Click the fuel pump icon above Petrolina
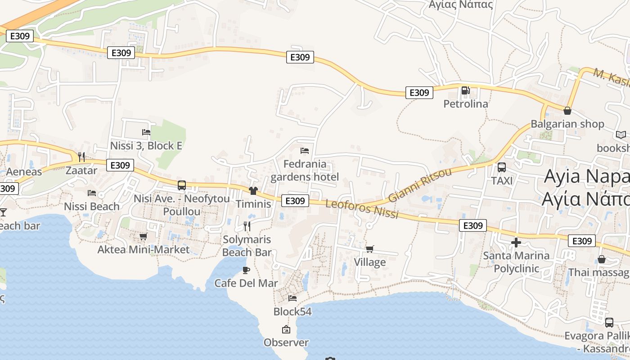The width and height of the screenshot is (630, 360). coord(465,91)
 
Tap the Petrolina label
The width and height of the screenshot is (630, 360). coord(465,104)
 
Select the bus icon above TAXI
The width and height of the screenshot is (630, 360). coord(502,167)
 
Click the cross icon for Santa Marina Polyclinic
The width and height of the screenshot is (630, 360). coord(516,243)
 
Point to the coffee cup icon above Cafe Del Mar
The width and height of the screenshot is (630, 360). coord(246,270)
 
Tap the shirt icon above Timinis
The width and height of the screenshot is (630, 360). coord(253,191)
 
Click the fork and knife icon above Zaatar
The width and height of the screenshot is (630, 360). coord(81,157)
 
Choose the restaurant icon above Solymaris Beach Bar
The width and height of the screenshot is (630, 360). coord(247,226)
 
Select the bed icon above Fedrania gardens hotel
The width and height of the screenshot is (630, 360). coord(305,150)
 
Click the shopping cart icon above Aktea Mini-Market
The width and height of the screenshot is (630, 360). coord(143,236)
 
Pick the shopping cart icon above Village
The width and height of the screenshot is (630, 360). coord(370,249)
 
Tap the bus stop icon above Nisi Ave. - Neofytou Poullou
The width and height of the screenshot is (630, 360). coord(182,185)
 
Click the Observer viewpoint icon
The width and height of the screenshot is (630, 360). coord(286,329)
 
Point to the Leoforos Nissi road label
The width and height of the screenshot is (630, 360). coord(362,209)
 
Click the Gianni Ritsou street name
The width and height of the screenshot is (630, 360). coord(419,185)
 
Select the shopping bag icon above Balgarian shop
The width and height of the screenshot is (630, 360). coord(567,111)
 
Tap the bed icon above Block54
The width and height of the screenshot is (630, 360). coord(292,298)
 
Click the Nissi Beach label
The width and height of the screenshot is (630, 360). coord(92,207)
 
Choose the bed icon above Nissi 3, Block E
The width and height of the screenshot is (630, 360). coord(146,132)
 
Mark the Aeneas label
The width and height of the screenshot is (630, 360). coord(24,171)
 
